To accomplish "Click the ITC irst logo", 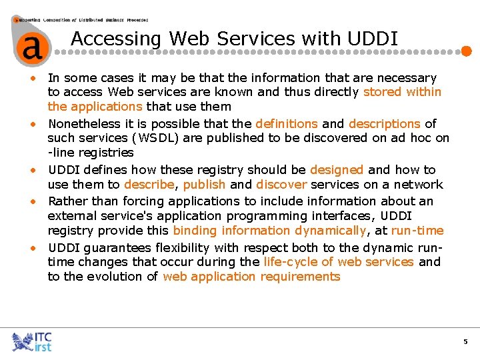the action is pyautogui.click(x=32, y=341).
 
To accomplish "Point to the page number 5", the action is pyautogui.click(x=465, y=342).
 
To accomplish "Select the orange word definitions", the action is pyautogui.click(x=287, y=123).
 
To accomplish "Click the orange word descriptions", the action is pyautogui.click(x=385, y=123).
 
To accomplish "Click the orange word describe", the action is pyautogui.click(x=149, y=185).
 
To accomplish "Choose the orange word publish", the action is pyautogui.click(x=204, y=185).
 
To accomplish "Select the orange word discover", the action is pyautogui.click(x=281, y=185).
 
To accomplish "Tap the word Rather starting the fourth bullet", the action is pyautogui.click(x=67, y=201).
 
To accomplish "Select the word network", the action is pyautogui.click(x=419, y=185).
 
